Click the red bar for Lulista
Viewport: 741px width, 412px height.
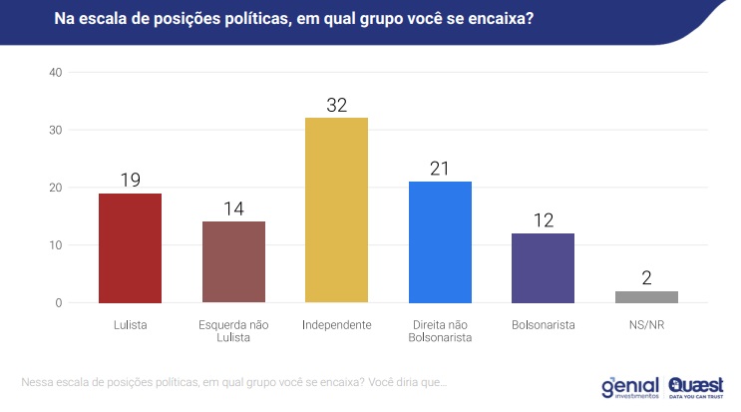(130, 247)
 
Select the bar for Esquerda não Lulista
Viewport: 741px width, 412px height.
(233, 261)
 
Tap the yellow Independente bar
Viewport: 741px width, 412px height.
(336, 209)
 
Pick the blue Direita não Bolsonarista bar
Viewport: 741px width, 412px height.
(440, 241)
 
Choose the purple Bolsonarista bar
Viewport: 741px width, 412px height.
(543, 267)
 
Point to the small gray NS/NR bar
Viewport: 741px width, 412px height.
(646, 296)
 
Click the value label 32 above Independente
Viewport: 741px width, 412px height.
(336, 104)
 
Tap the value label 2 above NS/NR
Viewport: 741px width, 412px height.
(646, 276)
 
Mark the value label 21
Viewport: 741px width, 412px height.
(440, 168)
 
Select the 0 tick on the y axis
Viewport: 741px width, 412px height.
(58, 302)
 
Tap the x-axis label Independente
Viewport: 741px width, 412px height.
(336, 324)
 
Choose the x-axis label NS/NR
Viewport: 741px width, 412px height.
(646, 324)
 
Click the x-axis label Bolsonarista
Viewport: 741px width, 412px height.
(543, 324)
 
